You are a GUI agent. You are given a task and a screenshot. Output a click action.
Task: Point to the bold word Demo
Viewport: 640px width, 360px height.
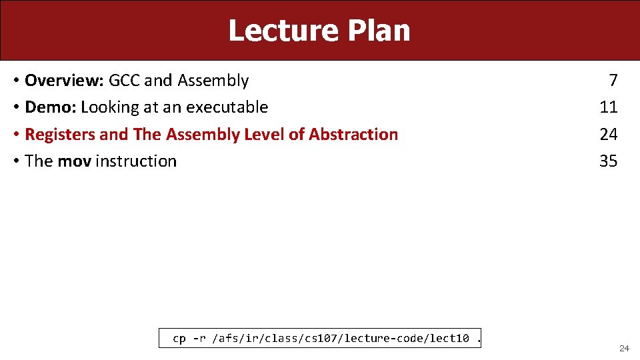[x=50, y=107]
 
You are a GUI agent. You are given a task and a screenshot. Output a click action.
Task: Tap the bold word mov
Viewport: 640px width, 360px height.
[x=75, y=161]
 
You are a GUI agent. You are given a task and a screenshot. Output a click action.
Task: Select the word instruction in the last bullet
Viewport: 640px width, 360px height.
[x=136, y=161]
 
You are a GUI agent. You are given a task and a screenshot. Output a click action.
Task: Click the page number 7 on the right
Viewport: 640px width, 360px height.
[x=613, y=81]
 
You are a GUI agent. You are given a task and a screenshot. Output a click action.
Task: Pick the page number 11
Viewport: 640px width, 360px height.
[x=609, y=107]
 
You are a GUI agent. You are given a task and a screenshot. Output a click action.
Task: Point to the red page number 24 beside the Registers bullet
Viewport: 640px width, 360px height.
[x=609, y=135]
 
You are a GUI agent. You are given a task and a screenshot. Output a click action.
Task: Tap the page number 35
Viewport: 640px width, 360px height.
[x=609, y=161]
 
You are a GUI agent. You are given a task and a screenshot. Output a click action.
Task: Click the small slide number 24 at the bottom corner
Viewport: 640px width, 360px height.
[x=624, y=349]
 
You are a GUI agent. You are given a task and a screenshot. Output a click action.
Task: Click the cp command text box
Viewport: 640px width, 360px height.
[x=321, y=339]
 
